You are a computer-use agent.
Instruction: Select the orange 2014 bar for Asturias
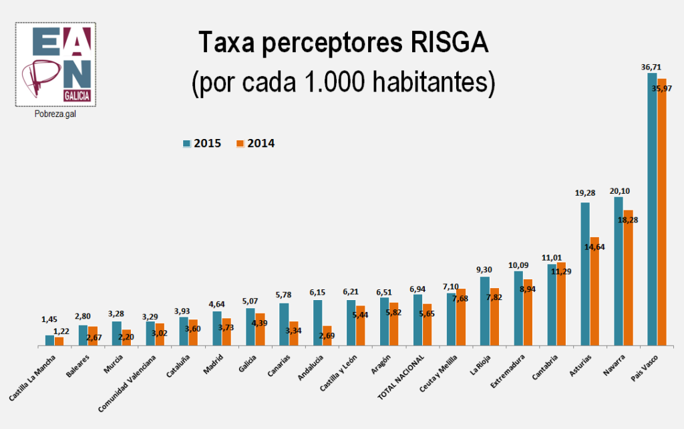tap(594, 294)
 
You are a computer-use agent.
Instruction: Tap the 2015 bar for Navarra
tap(619, 271)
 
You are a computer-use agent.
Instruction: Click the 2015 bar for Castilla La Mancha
tap(49, 340)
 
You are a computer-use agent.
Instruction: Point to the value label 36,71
tap(651, 67)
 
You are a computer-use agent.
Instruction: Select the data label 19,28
tap(584, 193)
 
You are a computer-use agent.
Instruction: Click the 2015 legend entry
tap(203, 143)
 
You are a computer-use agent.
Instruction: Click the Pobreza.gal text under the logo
tap(56, 114)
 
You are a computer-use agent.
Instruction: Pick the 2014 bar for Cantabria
tap(562, 304)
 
